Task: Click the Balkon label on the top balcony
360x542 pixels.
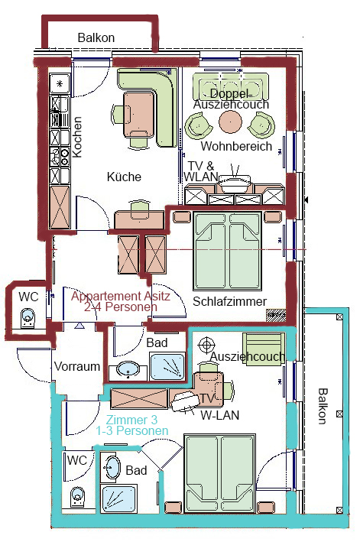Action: tap(96, 37)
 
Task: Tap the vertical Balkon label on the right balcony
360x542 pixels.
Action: tap(323, 406)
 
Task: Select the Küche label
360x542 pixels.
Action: tap(124, 177)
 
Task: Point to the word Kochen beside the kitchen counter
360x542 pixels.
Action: tap(76, 138)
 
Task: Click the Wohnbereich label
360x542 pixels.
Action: tap(236, 146)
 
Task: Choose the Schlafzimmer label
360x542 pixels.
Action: tap(230, 301)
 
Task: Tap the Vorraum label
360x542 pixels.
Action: tap(77, 366)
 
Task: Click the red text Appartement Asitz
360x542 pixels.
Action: tap(121, 297)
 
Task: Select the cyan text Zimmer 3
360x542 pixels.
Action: tap(131, 420)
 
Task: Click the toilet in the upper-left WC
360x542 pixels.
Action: tap(28, 318)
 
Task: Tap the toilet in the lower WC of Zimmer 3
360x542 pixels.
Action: tap(76, 498)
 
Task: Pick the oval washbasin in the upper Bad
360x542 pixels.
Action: tap(128, 369)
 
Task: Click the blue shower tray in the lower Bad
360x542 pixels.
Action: tap(118, 498)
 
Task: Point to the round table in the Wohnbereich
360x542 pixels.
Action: tap(230, 122)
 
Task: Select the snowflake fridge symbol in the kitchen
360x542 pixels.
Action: tap(60, 83)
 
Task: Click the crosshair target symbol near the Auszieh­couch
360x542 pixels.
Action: tap(206, 345)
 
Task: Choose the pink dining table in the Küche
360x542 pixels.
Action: tap(138, 114)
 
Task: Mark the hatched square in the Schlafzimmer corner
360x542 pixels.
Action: tap(276, 315)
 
